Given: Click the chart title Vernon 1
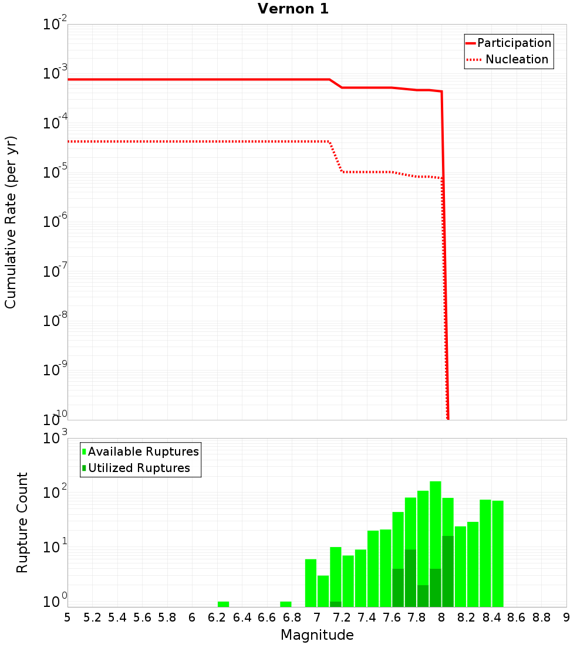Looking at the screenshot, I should pos(293,9).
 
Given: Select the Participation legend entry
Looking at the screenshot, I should pos(514,43).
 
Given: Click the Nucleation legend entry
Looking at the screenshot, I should pos(517,60).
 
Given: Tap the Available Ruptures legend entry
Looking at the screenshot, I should pos(143,452).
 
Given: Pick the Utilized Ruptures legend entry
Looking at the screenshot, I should pos(139,469).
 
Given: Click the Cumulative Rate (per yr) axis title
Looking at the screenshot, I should pos(11,222).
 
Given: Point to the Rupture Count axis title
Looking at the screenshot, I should pos(22,522).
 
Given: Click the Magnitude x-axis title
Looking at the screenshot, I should pos(317,635).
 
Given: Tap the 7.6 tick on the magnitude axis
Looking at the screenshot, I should pos(392,617).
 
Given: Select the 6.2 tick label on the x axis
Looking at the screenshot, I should pos(217,617).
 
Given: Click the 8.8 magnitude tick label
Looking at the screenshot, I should pos(542,617).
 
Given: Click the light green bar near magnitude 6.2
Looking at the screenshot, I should pos(223,604).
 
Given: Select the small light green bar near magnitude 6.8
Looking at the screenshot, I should pos(286,604).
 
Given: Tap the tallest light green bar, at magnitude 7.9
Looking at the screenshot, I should pos(436,528).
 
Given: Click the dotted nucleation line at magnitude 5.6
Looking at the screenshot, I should pos(143,141).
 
